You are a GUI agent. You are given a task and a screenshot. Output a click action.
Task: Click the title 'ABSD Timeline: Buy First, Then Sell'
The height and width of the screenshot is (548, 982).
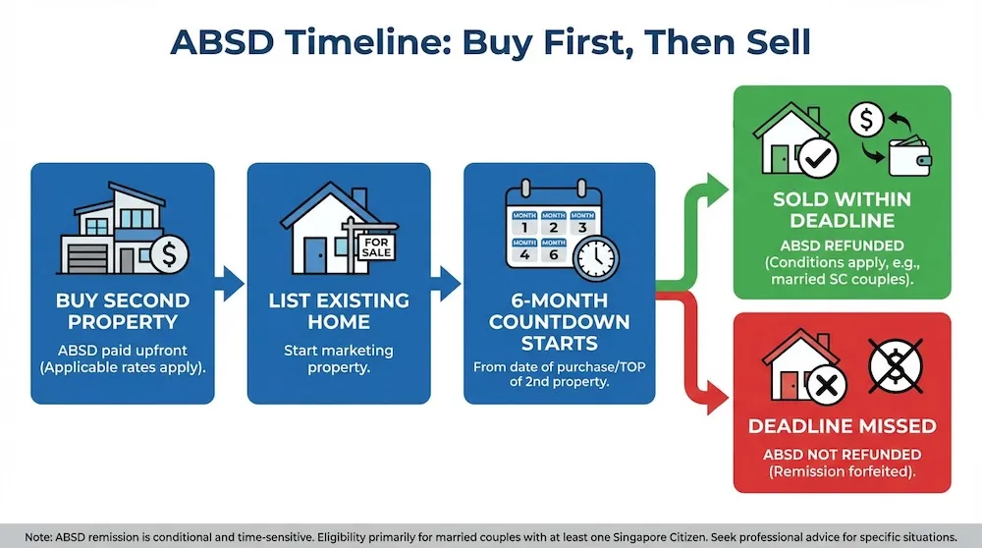(490, 42)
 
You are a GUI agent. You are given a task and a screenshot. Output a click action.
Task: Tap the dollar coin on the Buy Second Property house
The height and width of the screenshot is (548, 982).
(170, 255)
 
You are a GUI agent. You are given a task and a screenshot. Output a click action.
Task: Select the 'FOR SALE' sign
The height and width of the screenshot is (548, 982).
(375, 247)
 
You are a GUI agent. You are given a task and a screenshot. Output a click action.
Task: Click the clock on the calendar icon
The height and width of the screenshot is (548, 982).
(595, 258)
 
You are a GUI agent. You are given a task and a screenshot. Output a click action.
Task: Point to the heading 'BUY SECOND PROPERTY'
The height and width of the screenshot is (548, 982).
(122, 310)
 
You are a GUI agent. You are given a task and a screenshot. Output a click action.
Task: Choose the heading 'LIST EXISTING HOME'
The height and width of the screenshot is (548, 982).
(338, 310)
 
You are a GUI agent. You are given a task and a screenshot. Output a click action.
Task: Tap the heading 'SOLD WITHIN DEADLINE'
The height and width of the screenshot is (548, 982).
(842, 210)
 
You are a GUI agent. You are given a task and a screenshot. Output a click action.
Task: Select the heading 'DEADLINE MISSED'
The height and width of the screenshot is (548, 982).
(842, 426)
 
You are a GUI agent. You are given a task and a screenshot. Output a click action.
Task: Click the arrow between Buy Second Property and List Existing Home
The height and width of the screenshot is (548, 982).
(229, 283)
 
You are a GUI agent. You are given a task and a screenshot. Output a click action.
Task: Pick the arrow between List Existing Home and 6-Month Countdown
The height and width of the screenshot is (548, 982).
(446, 283)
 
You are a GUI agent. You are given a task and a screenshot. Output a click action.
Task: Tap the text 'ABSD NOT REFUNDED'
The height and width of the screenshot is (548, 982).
(842, 454)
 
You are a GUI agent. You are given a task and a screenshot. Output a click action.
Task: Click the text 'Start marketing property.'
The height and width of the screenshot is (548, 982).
(338, 359)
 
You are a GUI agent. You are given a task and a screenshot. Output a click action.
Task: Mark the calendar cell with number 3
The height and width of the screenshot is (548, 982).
(581, 225)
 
